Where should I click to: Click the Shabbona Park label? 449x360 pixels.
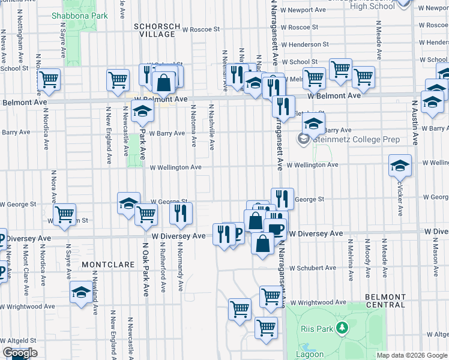point(79,16)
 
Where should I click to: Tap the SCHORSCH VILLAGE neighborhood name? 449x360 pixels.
point(154,31)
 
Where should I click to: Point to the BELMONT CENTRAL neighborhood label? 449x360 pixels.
point(385,301)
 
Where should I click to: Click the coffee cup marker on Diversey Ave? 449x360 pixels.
point(276,228)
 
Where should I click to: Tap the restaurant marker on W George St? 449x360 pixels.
point(282,198)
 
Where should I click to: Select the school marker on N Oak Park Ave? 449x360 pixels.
point(142,111)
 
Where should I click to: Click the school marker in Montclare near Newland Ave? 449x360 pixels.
point(80,293)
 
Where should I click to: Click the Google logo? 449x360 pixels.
point(20,353)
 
